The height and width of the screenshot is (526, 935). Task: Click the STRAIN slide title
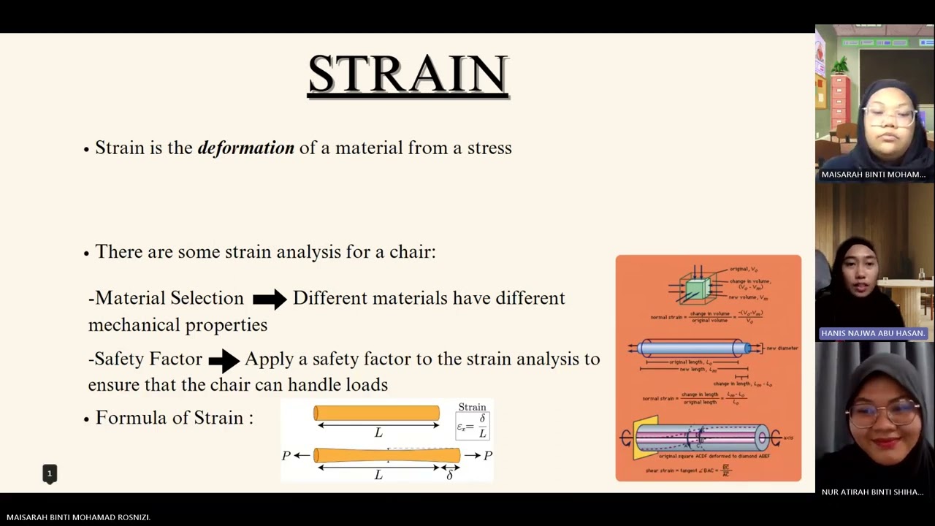click(x=408, y=74)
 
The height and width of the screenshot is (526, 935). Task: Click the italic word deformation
click(x=245, y=148)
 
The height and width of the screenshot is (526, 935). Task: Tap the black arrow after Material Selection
click(x=270, y=299)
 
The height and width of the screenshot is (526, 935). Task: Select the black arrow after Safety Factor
click(x=224, y=359)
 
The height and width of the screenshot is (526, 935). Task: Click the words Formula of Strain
click(x=174, y=418)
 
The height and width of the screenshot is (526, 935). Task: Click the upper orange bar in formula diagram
click(x=376, y=413)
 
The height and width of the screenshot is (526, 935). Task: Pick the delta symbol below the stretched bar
click(x=449, y=476)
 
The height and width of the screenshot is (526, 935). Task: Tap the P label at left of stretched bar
click(x=286, y=456)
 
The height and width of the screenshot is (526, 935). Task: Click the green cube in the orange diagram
click(x=696, y=289)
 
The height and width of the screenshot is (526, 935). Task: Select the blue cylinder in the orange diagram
click(x=694, y=348)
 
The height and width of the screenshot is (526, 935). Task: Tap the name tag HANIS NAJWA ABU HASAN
click(x=873, y=333)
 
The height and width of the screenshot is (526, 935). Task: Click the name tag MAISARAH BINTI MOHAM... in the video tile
click(x=873, y=175)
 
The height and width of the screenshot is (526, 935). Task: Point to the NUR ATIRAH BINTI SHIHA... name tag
click(x=873, y=492)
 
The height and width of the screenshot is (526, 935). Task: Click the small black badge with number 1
click(x=50, y=474)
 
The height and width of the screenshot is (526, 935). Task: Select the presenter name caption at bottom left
click(x=78, y=517)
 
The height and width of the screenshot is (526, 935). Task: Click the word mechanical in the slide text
click(x=131, y=325)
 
